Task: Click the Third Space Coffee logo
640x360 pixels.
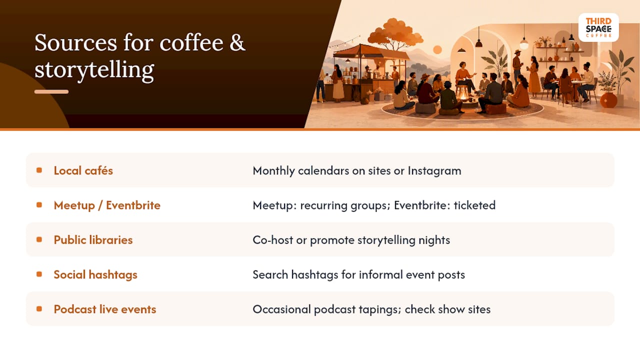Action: click(x=598, y=27)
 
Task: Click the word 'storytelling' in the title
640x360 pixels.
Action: click(x=94, y=69)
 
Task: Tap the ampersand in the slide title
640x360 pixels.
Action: click(x=237, y=43)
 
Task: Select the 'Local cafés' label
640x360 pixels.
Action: click(x=83, y=170)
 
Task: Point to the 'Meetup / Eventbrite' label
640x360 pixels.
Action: click(x=107, y=205)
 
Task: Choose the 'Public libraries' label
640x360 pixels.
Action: click(x=93, y=239)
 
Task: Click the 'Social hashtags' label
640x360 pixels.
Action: click(x=95, y=274)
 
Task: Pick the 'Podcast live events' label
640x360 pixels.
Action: click(x=105, y=309)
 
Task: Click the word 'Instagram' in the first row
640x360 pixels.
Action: click(x=434, y=171)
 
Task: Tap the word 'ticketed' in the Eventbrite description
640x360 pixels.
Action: click(x=474, y=205)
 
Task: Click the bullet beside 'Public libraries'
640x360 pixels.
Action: click(x=39, y=239)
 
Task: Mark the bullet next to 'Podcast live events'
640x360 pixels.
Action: click(x=39, y=309)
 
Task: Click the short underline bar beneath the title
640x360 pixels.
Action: click(x=51, y=91)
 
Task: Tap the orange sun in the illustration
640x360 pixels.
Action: click(x=437, y=49)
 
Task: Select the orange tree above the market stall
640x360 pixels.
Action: click(x=394, y=33)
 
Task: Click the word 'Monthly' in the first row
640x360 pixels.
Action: click(x=273, y=171)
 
